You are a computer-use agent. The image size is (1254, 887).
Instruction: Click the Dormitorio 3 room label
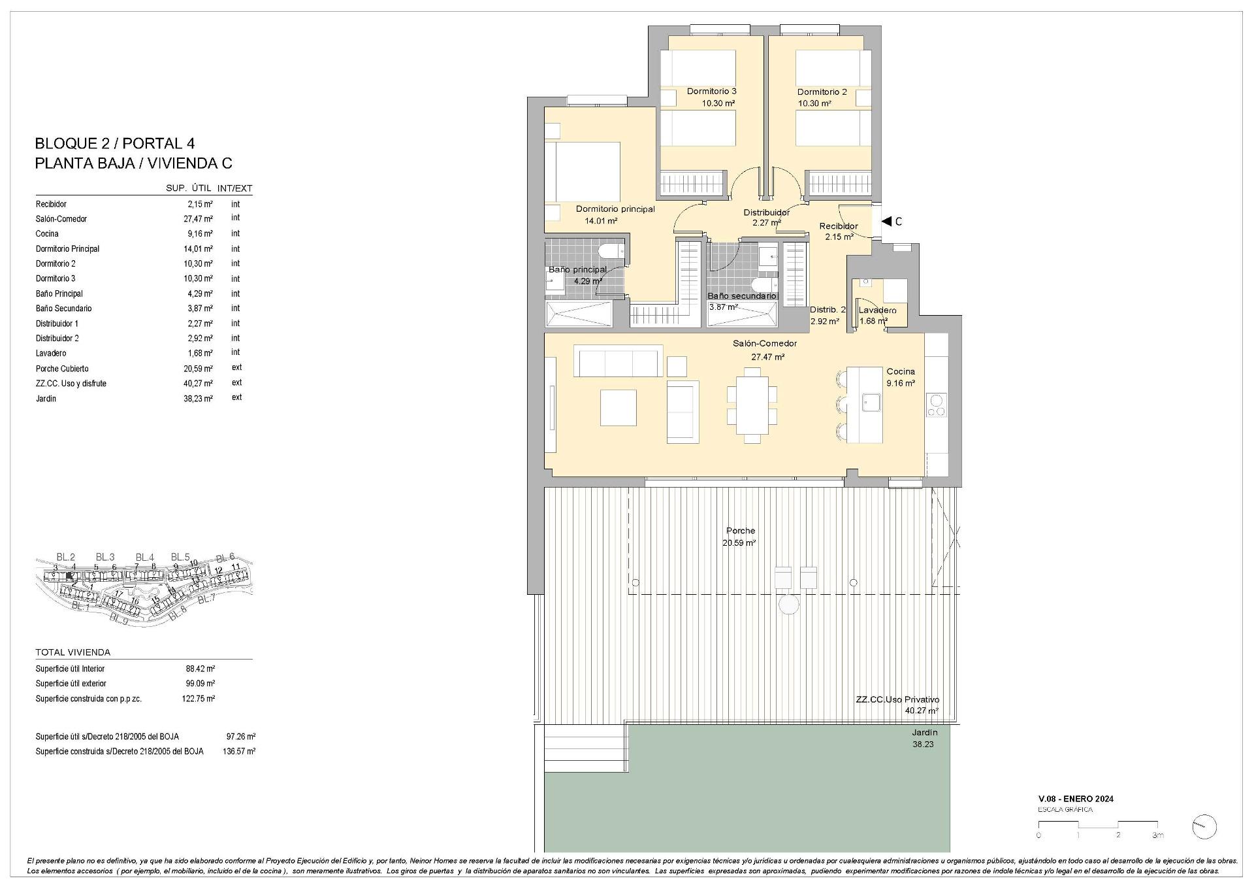(711, 92)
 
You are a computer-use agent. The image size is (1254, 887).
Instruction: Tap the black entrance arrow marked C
(887, 222)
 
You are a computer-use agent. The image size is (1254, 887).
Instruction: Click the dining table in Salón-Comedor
(752, 405)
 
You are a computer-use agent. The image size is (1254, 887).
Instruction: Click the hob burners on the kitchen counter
(936, 405)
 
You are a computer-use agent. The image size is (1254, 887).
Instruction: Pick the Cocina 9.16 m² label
(900, 377)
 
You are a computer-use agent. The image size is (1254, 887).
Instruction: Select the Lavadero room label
(877, 310)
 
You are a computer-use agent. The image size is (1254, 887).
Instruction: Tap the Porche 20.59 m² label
(740, 537)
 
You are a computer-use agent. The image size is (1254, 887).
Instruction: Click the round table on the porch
(789, 605)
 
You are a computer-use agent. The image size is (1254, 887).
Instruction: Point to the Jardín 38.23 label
(924, 738)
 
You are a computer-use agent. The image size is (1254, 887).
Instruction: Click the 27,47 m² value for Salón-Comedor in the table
(198, 219)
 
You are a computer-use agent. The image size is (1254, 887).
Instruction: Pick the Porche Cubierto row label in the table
(62, 369)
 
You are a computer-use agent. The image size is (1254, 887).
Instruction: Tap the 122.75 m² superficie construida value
(199, 698)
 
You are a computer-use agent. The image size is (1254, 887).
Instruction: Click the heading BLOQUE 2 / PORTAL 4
(115, 143)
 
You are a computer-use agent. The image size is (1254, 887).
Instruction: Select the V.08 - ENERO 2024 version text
(1076, 799)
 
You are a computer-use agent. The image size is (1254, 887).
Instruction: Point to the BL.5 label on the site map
(180, 557)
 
